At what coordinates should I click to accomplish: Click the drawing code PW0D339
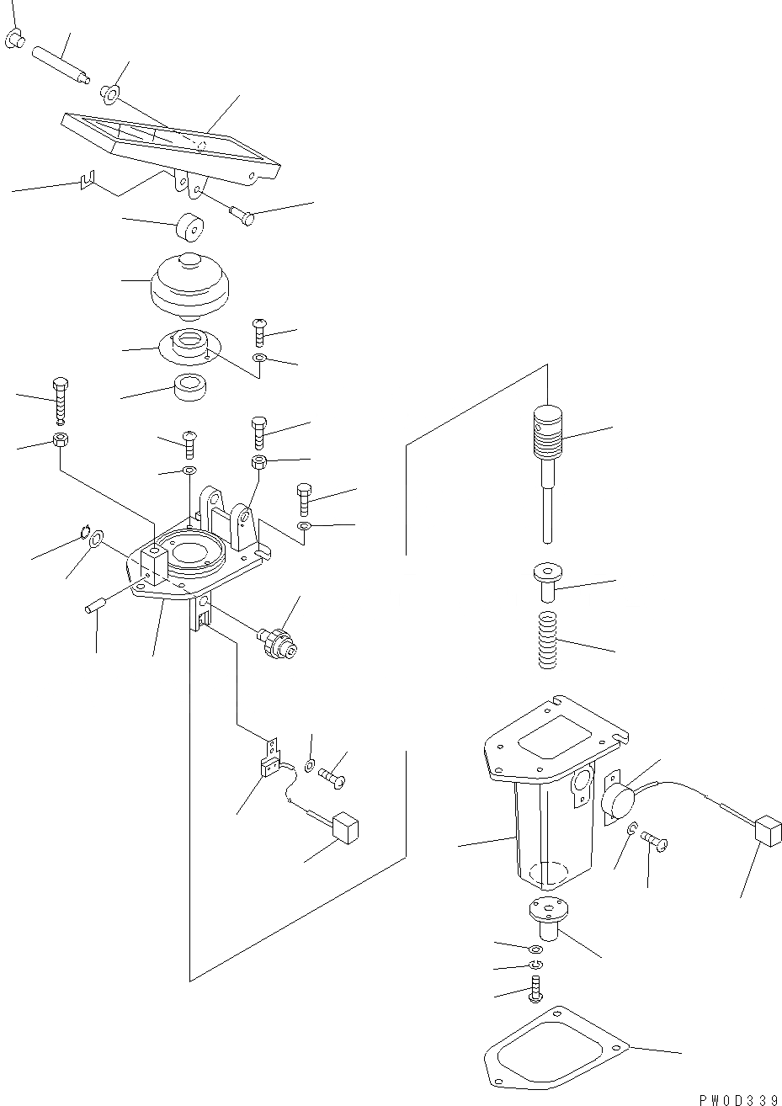737,1098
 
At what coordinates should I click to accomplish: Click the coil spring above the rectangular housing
548,641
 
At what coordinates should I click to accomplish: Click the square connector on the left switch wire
345,826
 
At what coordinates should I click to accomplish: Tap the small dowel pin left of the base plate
94,606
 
